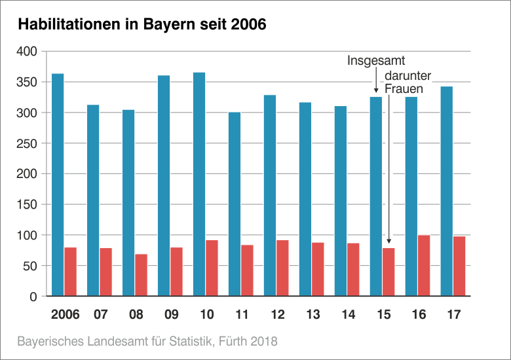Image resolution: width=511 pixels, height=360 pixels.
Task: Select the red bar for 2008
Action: click(141, 275)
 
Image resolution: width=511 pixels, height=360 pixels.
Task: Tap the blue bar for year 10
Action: click(199, 184)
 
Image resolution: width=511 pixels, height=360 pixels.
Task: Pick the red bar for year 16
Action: click(424, 265)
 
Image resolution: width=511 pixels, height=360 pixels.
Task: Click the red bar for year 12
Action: click(282, 268)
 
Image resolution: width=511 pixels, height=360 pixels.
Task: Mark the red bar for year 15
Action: click(388, 272)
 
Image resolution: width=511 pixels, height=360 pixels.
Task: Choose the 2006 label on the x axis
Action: click(65, 315)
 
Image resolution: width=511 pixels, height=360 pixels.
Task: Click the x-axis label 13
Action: click(312, 315)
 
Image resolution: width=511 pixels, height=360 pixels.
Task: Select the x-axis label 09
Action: click(171, 315)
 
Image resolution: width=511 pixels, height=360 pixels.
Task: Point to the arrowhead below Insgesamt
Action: click(376, 91)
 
